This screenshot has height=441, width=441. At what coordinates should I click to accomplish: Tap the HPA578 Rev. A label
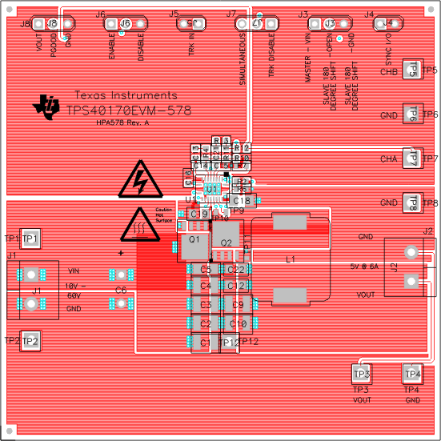coord(122,123)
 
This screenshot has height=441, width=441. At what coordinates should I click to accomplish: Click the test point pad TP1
coord(30,239)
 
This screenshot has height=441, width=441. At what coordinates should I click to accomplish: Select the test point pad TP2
coord(30,341)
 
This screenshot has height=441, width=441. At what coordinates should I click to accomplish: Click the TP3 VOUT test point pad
coord(362,373)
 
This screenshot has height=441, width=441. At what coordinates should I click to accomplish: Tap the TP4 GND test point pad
coord(412,373)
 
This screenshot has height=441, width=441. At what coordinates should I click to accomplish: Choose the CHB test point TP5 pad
coord(412,71)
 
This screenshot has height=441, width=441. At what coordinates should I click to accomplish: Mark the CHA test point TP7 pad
coord(412,158)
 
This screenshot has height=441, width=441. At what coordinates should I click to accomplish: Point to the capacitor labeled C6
coord(120,290)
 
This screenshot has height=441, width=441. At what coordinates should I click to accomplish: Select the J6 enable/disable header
coord(125,24)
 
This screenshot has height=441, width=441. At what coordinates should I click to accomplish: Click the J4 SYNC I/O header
coord(387,24)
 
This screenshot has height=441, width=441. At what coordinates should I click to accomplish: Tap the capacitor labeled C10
coord(238,323)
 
